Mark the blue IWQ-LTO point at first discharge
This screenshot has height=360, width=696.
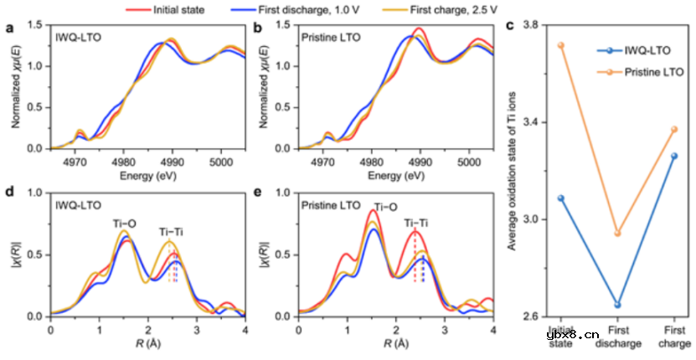pyautogui.click(x=618, y=305)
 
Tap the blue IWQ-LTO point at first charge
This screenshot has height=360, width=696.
pyautogui.click(x=674, y=156)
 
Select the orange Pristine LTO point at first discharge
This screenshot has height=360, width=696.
pyautogui.click(x=618, y=233)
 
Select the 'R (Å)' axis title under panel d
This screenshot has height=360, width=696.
pyautogui.click(x=147, y=343)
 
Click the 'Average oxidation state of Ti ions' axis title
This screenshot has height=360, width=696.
pyautogui.click(x=513, y=172)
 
